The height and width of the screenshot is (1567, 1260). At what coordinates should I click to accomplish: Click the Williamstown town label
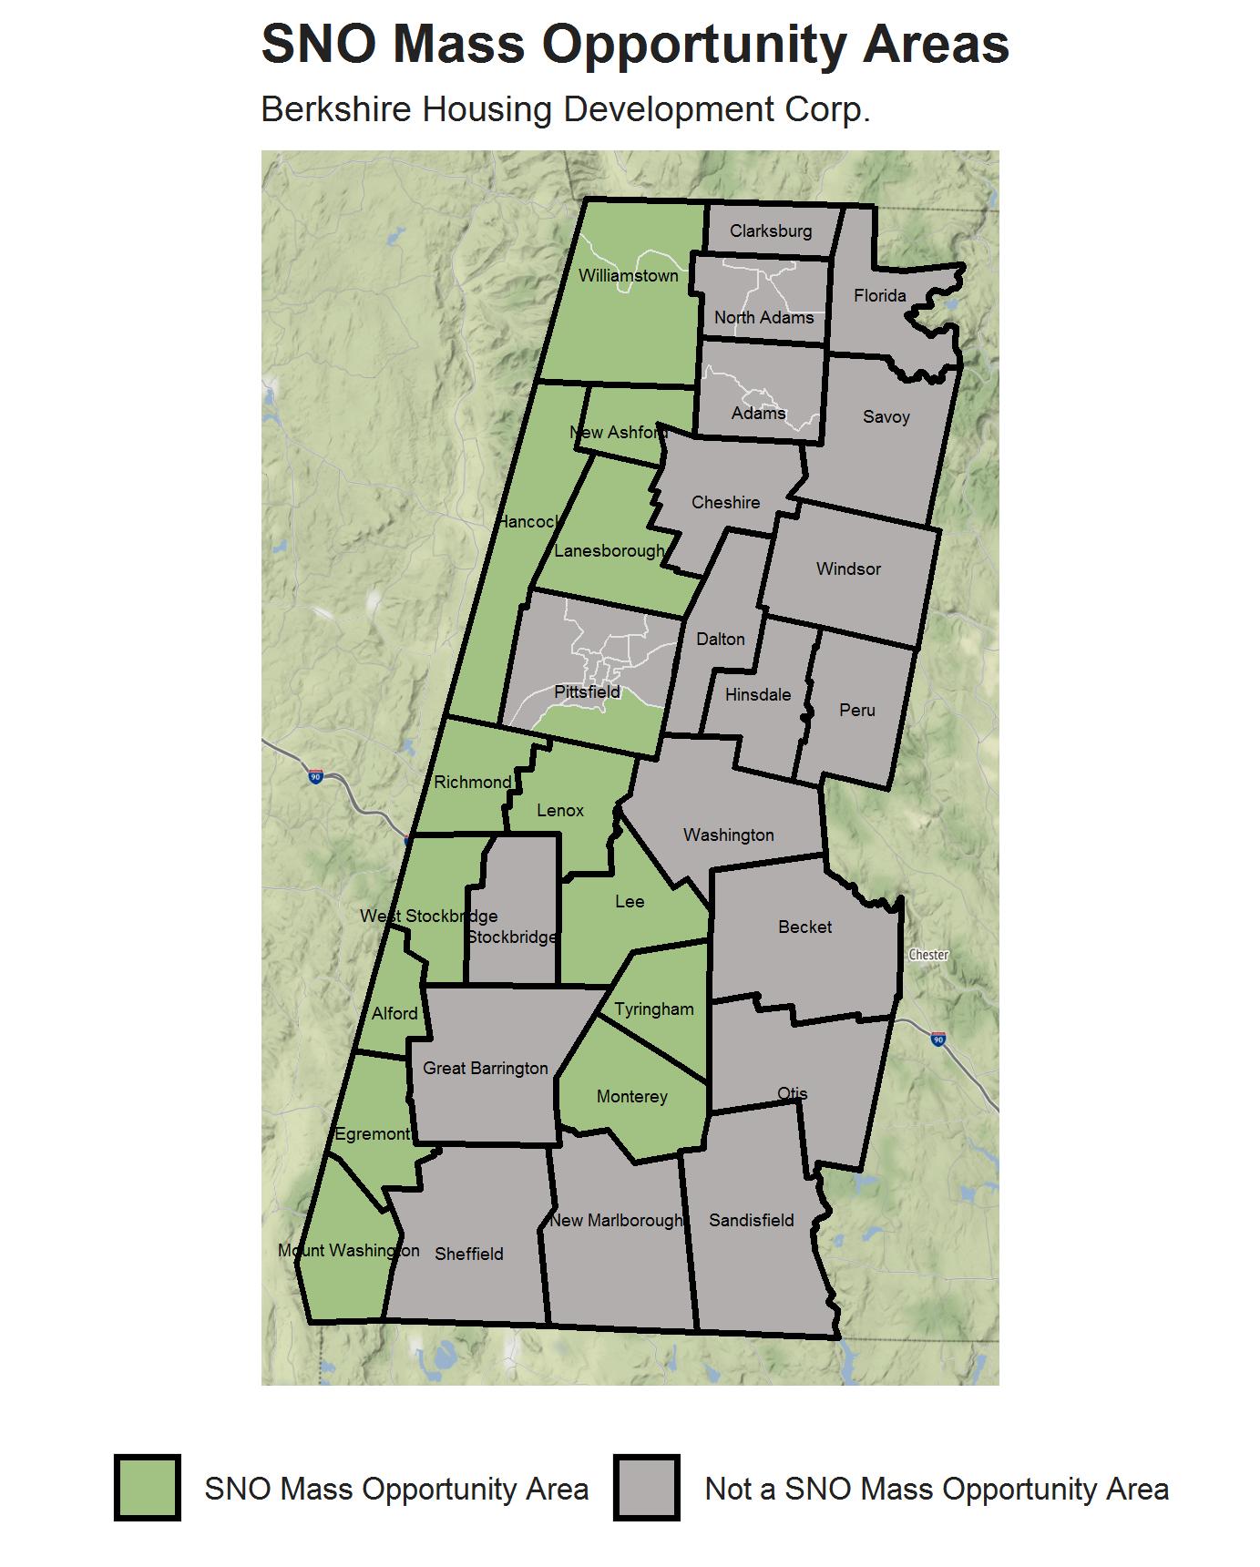click(628, 275)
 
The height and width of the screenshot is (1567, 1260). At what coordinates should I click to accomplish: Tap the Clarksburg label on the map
click(770, 230)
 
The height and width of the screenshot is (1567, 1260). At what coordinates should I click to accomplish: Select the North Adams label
click(763, 317)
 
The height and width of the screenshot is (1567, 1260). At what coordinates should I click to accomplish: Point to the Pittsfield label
click(587, 691)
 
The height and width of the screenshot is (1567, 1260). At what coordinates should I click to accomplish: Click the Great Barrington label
click(485, 1068)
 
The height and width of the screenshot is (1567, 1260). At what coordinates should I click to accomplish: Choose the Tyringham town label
click(653, 1009)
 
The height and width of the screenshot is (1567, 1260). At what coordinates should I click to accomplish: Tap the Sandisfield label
click(751, 1220)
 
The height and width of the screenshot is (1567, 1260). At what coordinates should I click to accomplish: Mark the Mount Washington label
click(348, 1250)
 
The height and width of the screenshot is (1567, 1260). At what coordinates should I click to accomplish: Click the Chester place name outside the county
click(928, 955)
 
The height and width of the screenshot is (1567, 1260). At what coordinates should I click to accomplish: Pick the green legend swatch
click(148, 1489)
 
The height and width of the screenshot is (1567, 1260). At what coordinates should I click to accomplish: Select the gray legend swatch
click(647, 1489)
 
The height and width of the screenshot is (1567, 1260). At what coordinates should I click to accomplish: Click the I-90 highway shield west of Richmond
click(315, 777)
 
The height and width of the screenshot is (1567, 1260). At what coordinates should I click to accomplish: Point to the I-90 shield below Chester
click(938, 1039)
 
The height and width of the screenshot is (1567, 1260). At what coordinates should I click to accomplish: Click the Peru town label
click(856, 710)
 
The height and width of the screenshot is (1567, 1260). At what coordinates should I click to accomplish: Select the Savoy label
click(886, 416)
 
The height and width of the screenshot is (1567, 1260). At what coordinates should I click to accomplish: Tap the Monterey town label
click(631, 1096)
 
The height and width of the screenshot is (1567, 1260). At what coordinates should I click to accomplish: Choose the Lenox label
click(559, 810)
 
